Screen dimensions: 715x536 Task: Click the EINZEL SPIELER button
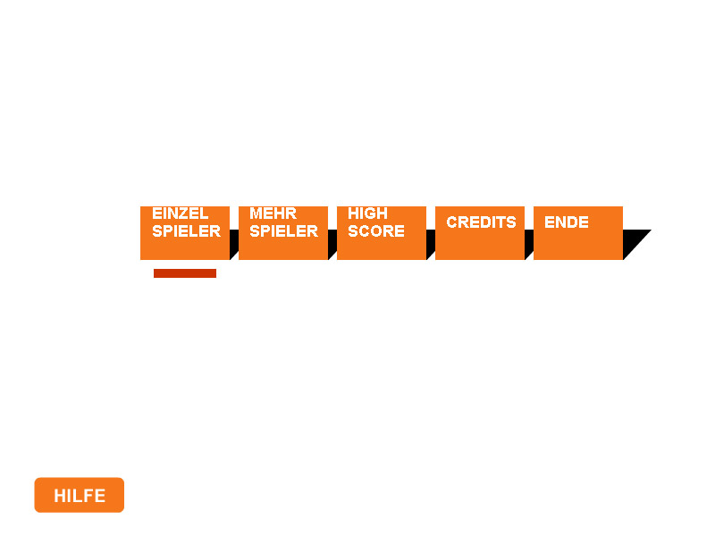pos(185,233)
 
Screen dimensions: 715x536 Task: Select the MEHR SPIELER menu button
pos(283,233)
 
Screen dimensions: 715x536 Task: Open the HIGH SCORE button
pos(382,233)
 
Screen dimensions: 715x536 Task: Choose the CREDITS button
pos(480,233)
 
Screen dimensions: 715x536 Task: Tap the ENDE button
pos(578,233)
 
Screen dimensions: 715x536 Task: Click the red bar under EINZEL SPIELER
pos(185,273)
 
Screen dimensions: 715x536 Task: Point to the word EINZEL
pos(181,214)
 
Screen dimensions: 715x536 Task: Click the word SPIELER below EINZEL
pos(187,231)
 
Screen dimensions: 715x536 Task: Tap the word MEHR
pos(273,214)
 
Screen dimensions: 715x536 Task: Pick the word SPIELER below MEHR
pos(284,231)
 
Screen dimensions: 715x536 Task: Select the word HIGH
pos(368,214)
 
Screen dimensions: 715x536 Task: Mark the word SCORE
pos(376,231)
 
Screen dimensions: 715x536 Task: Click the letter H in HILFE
pos(59,496)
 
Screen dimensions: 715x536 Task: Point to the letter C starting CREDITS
pos(451,222)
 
